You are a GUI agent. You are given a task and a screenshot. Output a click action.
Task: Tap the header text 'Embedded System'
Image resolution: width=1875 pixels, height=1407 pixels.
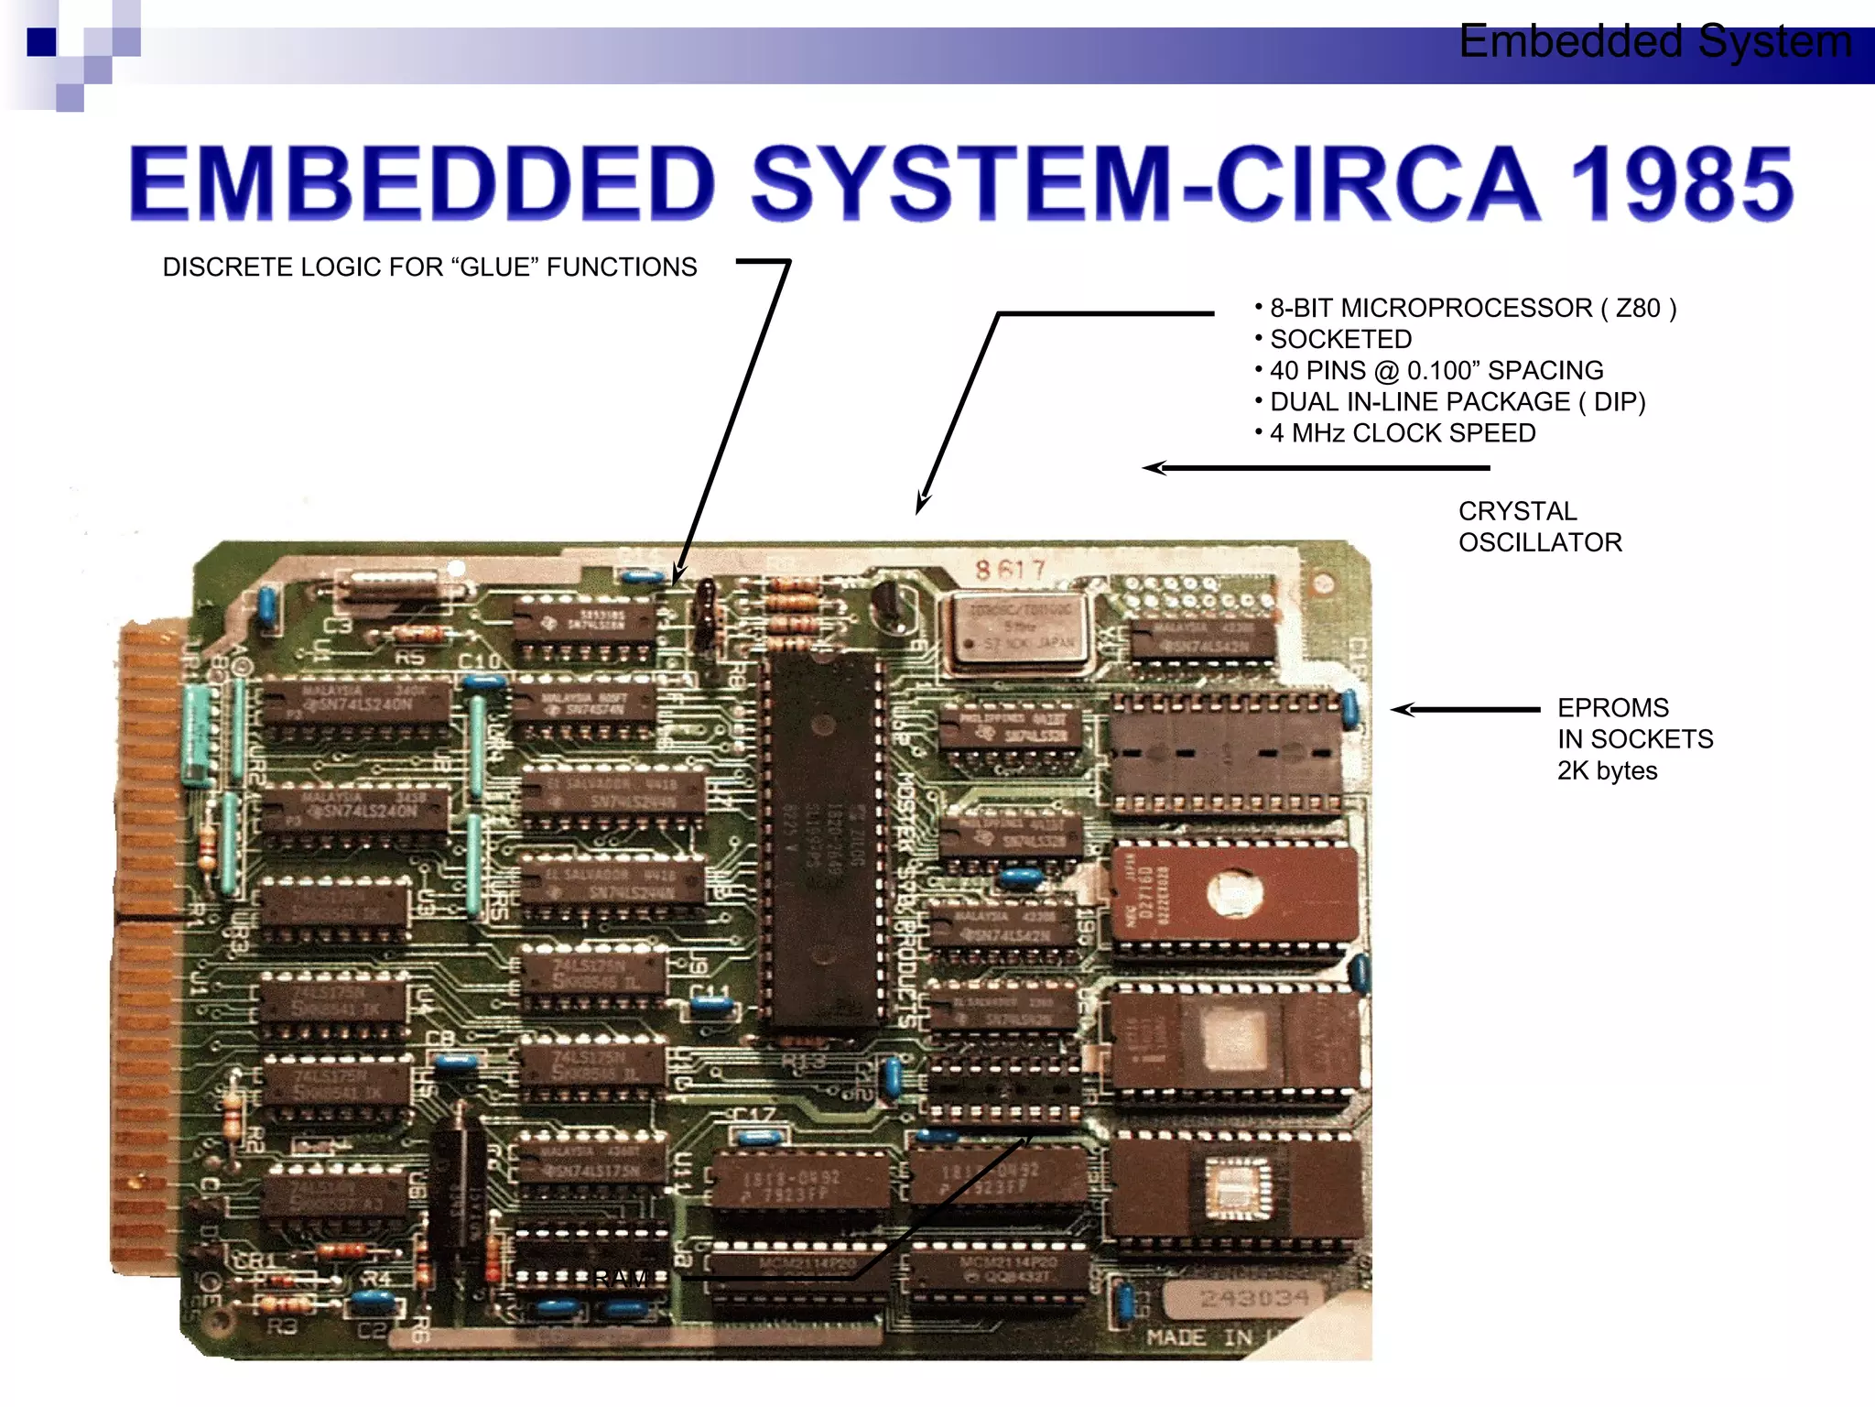1655,42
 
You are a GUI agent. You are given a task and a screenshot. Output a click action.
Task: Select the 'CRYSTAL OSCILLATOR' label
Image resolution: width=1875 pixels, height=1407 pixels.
1540,527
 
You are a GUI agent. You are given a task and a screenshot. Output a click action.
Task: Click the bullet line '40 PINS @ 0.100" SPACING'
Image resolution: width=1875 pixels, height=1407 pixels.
1436,370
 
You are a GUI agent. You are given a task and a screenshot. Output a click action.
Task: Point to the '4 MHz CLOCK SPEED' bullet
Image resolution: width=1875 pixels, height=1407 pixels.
1402,432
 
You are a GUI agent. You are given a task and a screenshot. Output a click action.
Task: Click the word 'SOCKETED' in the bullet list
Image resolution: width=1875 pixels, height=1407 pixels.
1340,339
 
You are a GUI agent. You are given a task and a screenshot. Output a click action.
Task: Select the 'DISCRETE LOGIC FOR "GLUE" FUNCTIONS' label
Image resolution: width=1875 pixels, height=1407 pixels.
429,267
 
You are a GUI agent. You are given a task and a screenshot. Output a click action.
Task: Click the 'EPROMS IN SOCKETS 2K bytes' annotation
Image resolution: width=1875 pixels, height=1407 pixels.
1634,739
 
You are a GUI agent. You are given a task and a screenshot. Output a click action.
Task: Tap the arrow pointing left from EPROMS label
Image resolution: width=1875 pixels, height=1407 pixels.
1465,709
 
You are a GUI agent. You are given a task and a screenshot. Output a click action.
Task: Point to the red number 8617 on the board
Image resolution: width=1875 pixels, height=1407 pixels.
1010,570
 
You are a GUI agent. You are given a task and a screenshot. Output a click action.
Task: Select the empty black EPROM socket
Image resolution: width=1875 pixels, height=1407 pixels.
1227,753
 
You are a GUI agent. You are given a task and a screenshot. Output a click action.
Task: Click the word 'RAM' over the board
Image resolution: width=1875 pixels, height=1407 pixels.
623,1277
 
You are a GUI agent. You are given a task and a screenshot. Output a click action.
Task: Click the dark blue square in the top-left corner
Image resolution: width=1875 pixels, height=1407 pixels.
41,42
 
